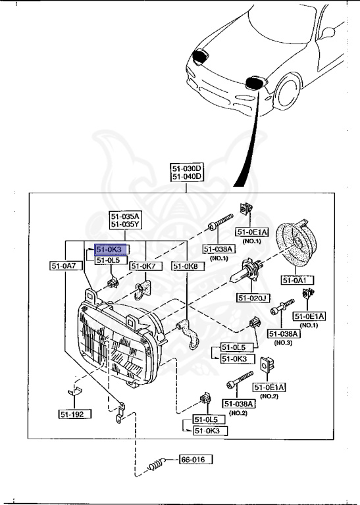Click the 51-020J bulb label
(x=253, y=298)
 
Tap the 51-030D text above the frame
(x=187, y=168)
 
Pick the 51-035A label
(x=124, y=215)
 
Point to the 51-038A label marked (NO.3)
(x=284, y=334)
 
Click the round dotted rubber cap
(x=296, y=247)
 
